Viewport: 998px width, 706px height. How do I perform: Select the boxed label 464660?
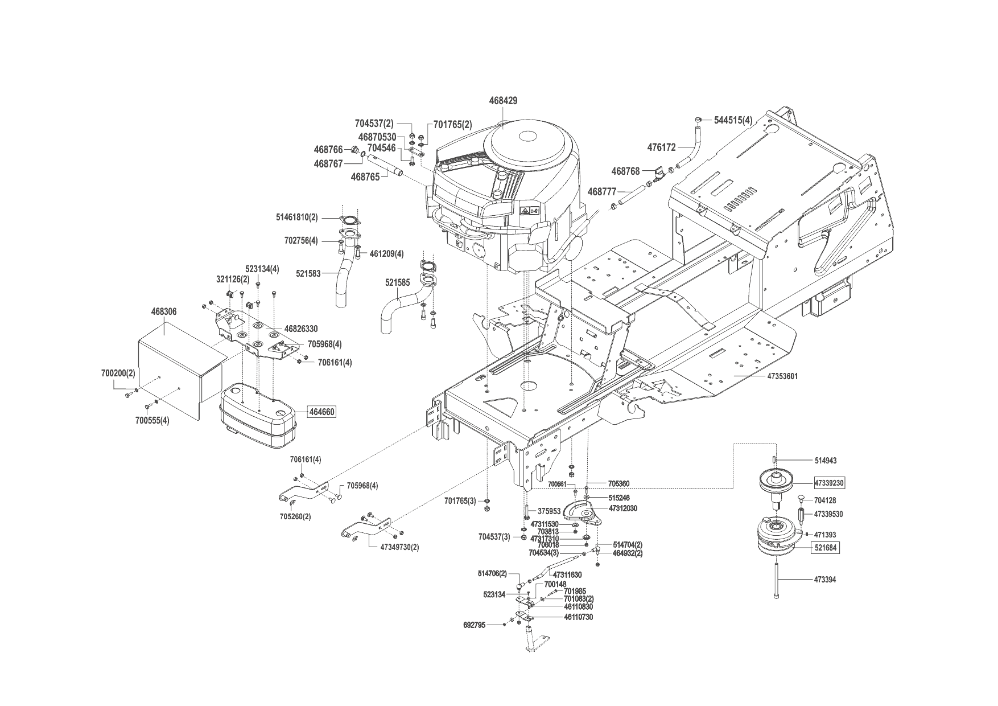click(321, 412)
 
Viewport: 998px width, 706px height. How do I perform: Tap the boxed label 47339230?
click(829, 482)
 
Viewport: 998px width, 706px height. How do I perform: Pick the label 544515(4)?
click(733, 121)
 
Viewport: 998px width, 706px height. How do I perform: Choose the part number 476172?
click(662, 147)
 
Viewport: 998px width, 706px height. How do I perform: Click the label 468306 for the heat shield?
click(164, 312)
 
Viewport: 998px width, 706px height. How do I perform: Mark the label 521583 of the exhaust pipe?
click(308, 273)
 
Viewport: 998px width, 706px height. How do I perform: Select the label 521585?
click(397, 282)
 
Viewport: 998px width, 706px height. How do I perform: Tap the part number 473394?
click(825, 580)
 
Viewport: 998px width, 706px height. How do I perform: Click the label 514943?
click(826, 460)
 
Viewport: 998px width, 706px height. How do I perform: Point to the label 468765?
click(365, 177)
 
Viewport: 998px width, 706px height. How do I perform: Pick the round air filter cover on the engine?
click(526, 138)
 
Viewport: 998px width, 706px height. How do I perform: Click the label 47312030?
click(622, 508)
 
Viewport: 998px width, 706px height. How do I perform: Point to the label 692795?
click(475, 625)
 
